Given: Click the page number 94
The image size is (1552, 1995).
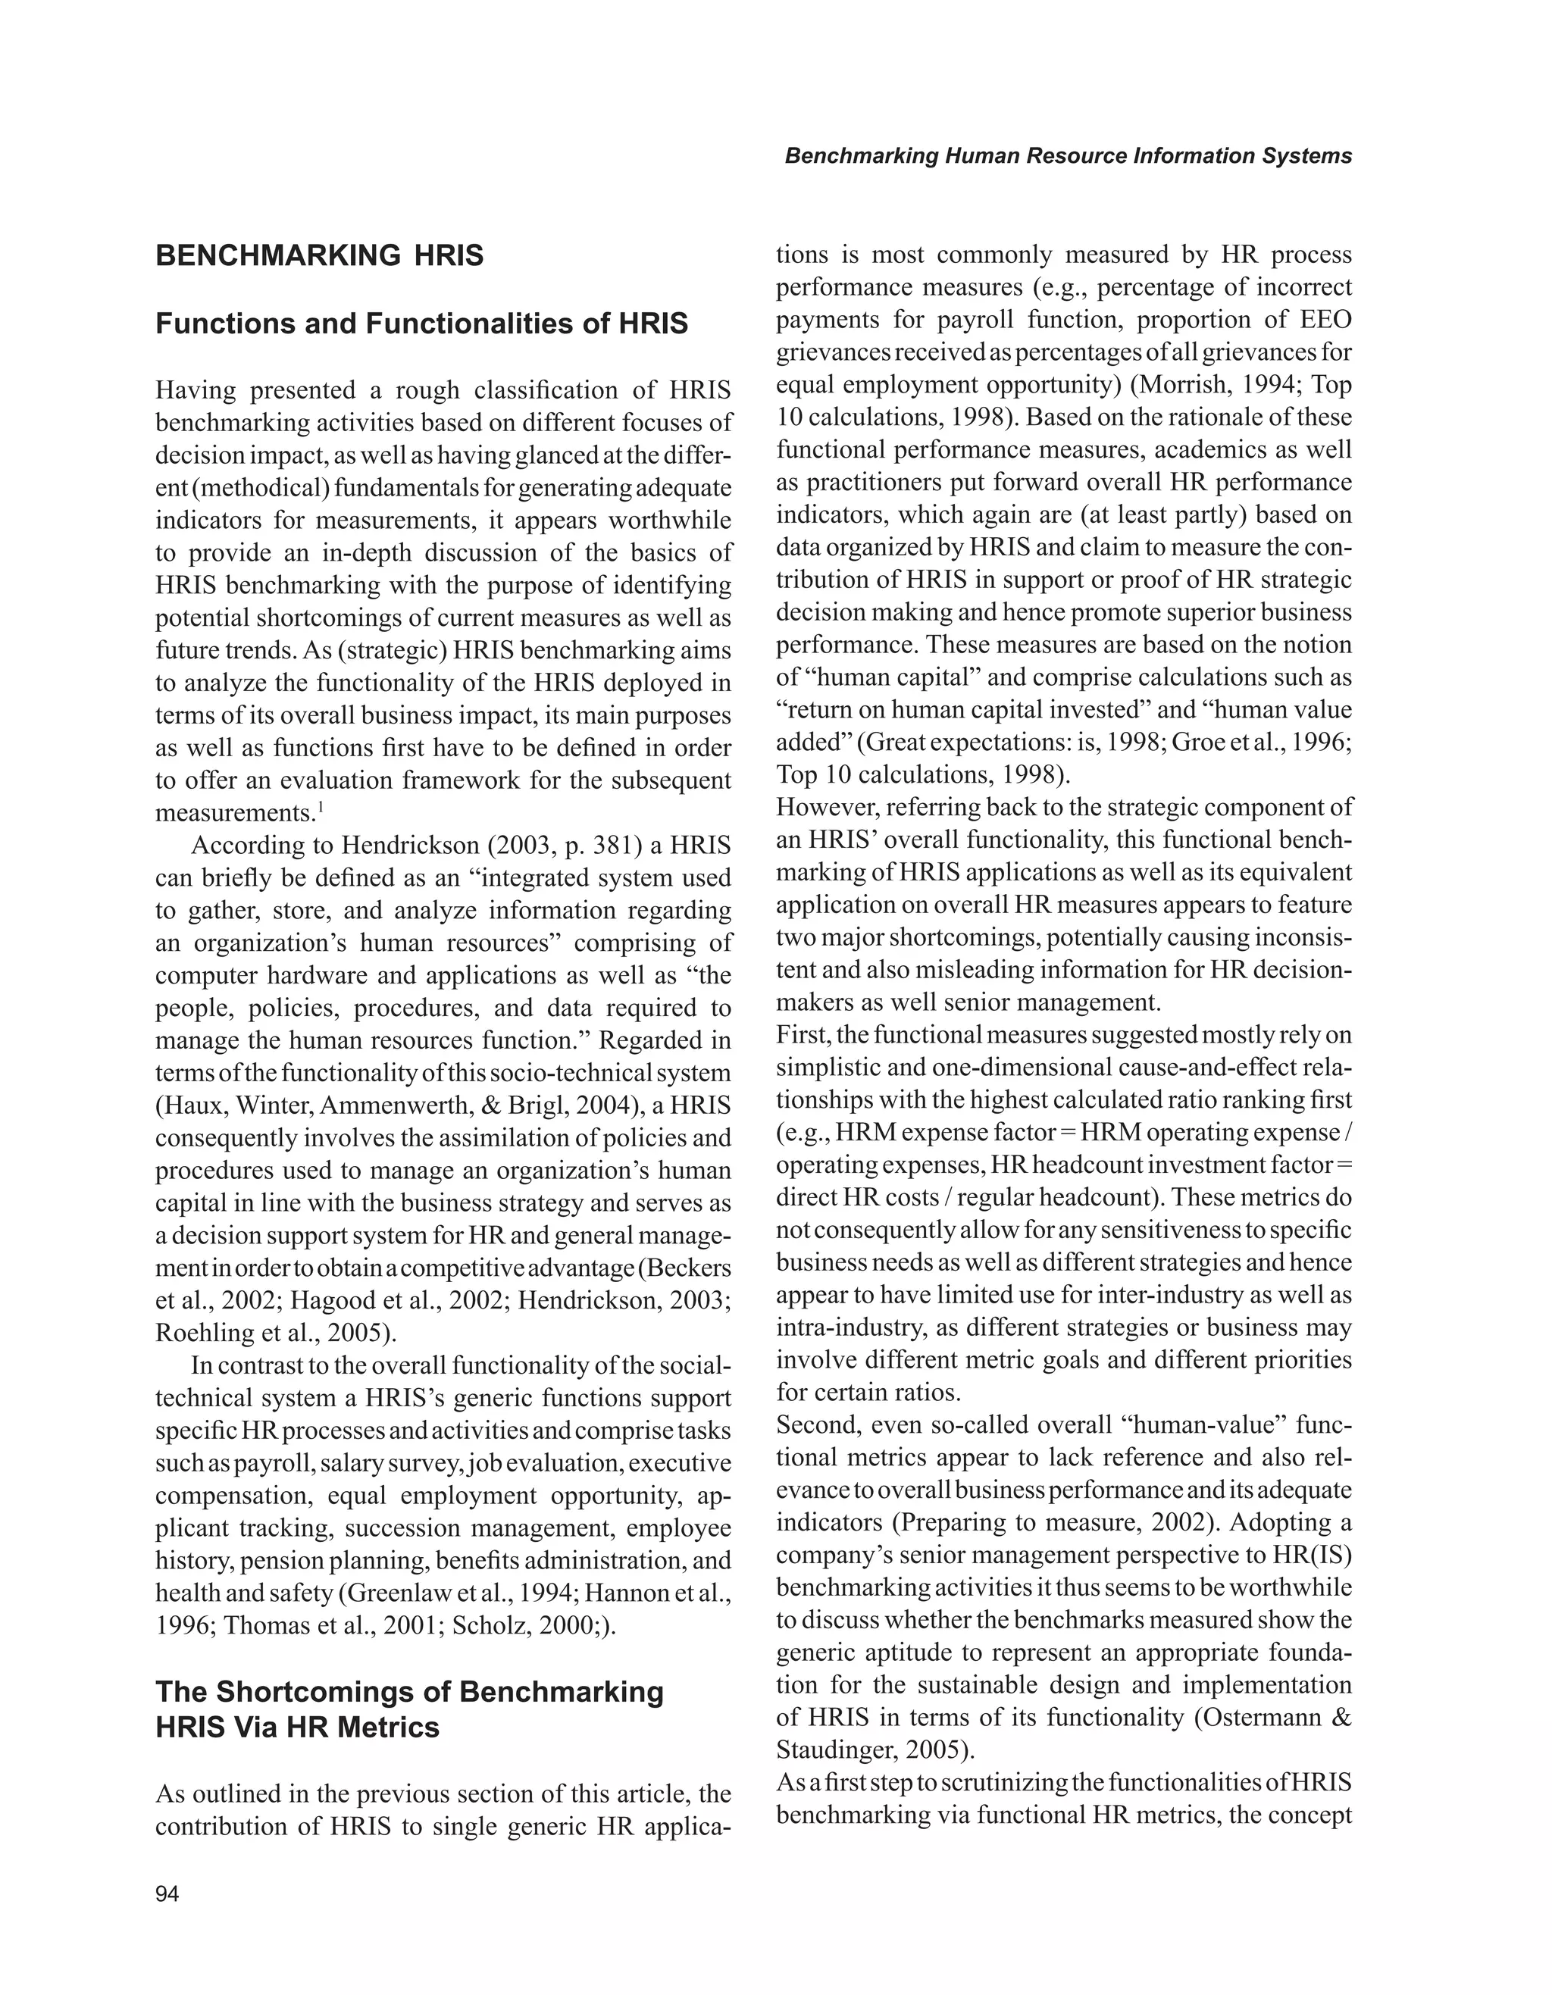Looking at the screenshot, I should point(167,1893).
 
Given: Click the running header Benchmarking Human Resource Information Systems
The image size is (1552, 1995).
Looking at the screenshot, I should point(1068,156).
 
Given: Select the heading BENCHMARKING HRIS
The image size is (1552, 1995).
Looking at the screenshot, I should point(320,256).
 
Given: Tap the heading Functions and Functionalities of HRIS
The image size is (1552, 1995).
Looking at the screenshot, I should point(421,324).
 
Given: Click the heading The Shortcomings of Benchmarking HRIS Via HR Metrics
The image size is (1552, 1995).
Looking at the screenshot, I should point(409,1709).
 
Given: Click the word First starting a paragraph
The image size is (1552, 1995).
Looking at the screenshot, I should point(801,1035).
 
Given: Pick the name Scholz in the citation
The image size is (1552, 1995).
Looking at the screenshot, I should point(490,1626).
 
